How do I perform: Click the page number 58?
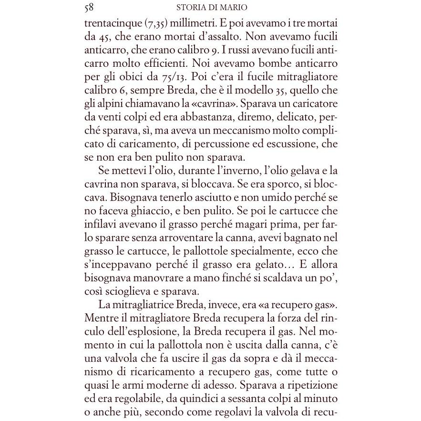click(x=89, y=7)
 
